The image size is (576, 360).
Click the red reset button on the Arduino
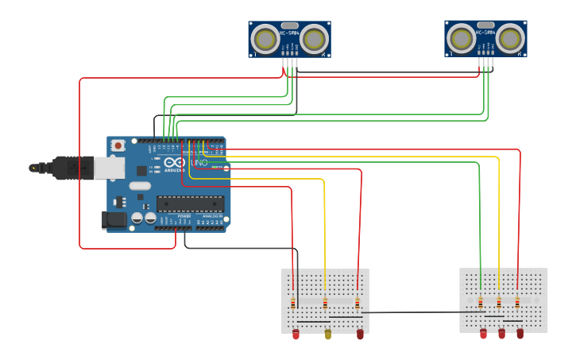118,145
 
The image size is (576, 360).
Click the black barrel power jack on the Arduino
114,219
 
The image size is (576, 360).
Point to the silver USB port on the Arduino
110,168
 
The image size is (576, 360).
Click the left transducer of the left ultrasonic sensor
265,38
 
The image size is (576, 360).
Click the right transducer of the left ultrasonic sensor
315,38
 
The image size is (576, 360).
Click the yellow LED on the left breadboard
328,335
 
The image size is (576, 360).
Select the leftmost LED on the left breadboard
296,335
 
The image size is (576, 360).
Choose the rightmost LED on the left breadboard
360,335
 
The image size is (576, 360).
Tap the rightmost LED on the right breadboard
520,334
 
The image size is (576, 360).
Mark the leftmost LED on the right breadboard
483,334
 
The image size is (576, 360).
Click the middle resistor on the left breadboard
325,303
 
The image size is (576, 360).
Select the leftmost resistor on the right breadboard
481,302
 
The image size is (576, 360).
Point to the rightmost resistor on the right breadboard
517,302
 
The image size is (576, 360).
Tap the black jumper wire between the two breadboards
413,312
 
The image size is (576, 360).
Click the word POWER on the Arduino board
184,215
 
